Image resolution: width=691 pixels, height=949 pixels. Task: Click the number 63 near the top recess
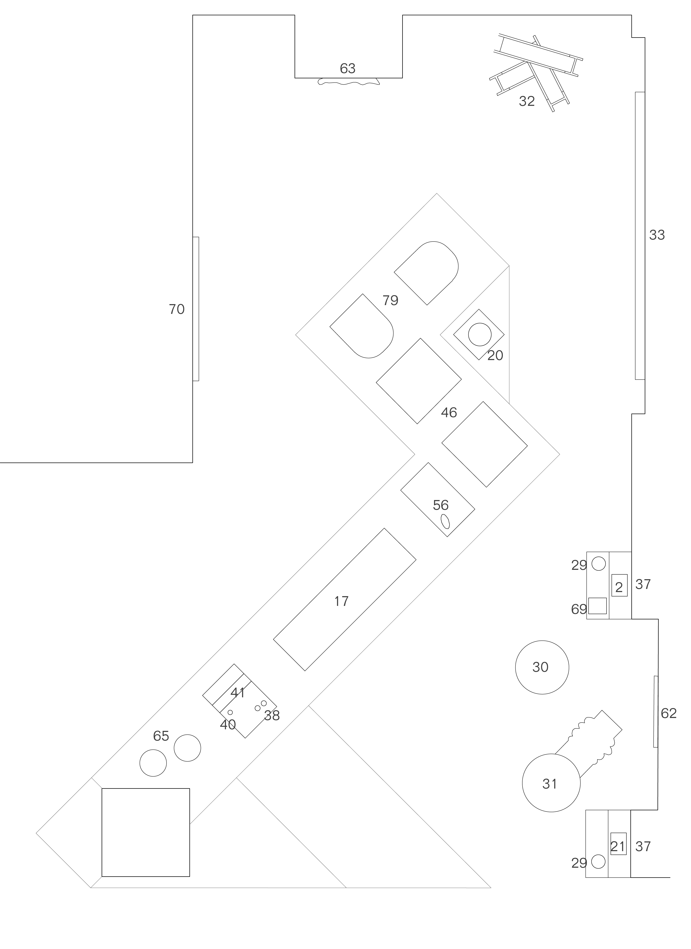(x=347, y=68)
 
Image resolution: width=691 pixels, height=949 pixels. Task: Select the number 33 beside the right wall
(x=657, y=235)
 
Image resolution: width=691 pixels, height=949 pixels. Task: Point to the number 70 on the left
(x=177, y=309)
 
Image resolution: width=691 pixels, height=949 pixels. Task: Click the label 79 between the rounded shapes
(x=390, y=300)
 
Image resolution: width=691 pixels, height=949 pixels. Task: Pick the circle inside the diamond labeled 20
(x=480, y=334)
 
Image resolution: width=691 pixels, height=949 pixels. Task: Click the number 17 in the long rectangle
(x=341, y=601)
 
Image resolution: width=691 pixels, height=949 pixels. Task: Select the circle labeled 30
(x=542, y=667)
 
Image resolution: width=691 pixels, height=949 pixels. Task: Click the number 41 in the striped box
(x=238, y=692)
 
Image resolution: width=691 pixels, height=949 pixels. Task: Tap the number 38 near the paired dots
(x=272, y=716)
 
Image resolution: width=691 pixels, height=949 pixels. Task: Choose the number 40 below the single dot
(x=228, y=725)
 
